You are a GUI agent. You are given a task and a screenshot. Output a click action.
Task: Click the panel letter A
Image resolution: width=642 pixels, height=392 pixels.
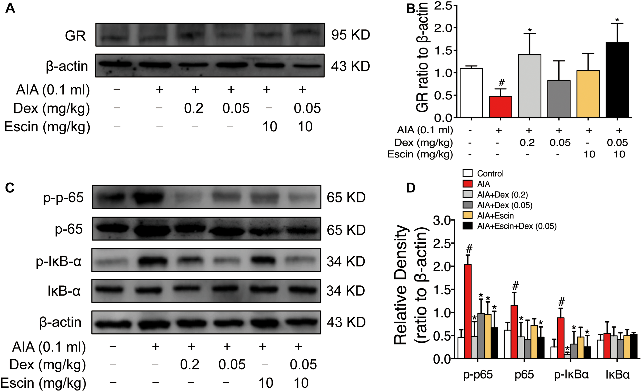click(x=10, y=8)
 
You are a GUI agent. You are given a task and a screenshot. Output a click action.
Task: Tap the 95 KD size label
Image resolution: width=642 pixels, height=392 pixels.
click(x=351, y=35)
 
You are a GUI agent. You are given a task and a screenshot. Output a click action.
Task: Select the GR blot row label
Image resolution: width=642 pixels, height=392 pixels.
click(x=75, y=36)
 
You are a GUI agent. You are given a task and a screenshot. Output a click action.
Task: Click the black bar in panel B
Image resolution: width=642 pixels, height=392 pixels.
click(x=617, y=80)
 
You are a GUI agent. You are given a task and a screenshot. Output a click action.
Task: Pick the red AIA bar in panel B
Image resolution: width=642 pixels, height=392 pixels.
click(x=500, y=107)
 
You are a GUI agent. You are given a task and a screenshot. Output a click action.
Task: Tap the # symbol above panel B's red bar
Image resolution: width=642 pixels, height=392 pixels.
click(x=501, y=83)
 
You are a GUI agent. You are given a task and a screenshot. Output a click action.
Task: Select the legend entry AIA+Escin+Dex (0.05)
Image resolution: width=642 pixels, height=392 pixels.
click(x=516, y=226)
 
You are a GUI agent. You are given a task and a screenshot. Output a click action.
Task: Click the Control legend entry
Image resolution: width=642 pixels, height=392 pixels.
click(x=490, y=174)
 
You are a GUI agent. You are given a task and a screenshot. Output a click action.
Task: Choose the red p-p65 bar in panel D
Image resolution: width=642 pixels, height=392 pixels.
click(x=468, y=311)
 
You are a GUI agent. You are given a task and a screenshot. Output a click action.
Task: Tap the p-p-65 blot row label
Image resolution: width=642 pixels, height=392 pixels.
click(x=63, y=197)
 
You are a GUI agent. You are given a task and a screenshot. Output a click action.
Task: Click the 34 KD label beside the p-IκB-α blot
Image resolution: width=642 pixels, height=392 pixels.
click(x=346, y=262)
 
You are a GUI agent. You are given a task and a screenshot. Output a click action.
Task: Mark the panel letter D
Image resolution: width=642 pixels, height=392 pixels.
click(x=411, y=188)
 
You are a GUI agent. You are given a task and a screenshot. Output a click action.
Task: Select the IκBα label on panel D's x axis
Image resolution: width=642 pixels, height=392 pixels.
click(x=618, y=375)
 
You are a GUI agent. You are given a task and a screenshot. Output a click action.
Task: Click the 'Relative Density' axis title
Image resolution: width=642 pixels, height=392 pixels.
click(x=401, y=284)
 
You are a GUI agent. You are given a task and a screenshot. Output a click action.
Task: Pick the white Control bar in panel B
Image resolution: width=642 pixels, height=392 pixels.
click(x=471, y=93)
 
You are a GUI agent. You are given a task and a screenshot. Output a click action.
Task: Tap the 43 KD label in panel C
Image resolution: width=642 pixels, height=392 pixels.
click(x=346, y=322)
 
